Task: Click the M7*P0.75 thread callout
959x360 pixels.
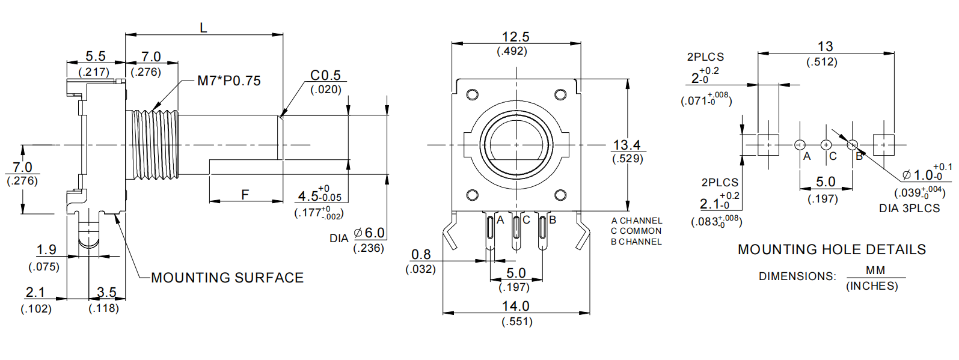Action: coord(228,81)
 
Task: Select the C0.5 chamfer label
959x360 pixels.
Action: coord(325,76)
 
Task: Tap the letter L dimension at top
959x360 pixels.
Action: coord(203,28)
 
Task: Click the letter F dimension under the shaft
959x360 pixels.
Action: coord(245,195)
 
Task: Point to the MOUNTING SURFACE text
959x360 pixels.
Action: coord(227,278)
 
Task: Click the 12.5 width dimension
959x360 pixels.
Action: coord(515,37)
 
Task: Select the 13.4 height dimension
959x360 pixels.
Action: coord(627,145)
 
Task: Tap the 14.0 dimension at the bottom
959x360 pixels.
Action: coord(515,307)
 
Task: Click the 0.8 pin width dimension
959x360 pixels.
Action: coord(421,255)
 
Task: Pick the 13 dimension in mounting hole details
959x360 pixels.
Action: coord(825,47)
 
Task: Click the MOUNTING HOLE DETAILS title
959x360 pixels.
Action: coord(832,249)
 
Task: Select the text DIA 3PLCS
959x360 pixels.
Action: coord(909,209)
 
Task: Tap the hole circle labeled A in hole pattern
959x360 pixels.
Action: coord(800,145)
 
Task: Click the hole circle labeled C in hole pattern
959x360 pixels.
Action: coord(826,145)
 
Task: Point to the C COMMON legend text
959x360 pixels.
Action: coord(636,231)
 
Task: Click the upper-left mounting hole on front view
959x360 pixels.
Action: coord(473,94)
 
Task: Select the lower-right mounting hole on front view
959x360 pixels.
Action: coord(560,195)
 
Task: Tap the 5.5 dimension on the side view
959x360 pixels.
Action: coord(95,56)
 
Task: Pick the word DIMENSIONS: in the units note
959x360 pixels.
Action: coord(797,276)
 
